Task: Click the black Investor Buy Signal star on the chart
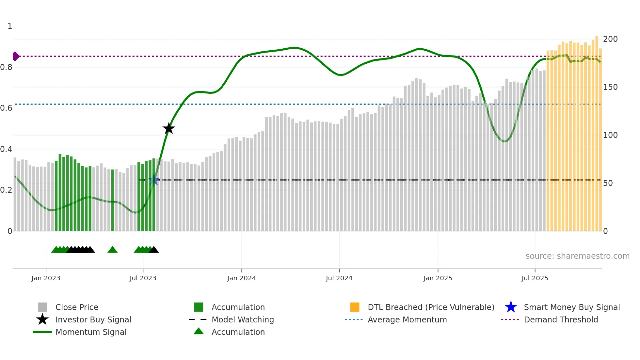coord(169,128)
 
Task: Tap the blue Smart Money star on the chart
coord(154,180)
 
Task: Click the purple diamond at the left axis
coord(16,56)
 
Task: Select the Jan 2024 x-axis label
coord(241,278)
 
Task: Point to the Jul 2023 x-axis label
coord(143,278)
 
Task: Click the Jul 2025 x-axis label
coord(535,278)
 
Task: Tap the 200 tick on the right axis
coord(610,39)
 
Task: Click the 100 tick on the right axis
coord(610,135)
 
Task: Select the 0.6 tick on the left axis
coord(6,108)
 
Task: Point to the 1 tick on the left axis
coord(10,26)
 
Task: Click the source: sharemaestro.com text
coord(577,256)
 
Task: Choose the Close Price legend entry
coord(77,307)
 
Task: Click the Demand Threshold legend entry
coord(561,319)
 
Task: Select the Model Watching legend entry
coord(243,319)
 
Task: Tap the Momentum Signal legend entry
coord(91,332)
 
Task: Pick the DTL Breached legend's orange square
coord(355,307)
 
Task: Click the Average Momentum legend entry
coord(407,319)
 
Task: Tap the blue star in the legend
coord(511,307)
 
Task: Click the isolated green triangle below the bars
coord(112,250)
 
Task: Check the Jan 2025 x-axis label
coord(438,278)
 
